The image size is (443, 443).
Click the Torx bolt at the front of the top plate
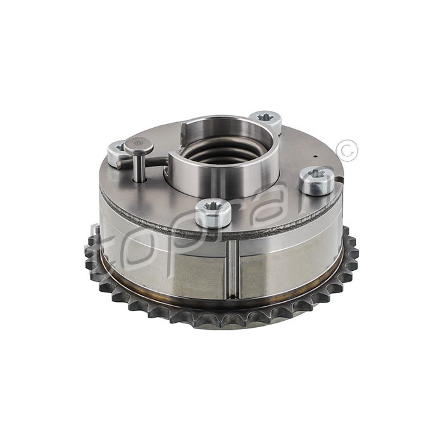(x=208, y=213)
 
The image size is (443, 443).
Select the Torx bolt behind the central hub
(x=265, y=121)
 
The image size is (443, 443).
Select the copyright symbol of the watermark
(x=347, y=151)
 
